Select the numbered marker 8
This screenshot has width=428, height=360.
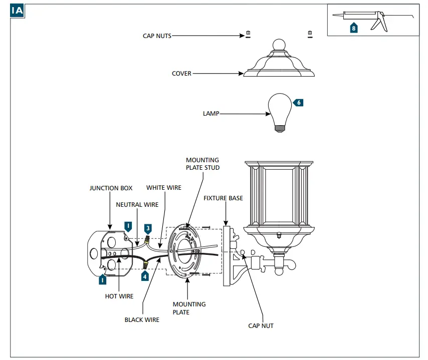[354, 28]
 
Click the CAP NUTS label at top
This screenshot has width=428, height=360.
[157, 36]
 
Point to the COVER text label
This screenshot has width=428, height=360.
[181, 74]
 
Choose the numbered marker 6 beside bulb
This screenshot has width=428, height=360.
[299, 103]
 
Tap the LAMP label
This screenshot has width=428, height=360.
[211, 114]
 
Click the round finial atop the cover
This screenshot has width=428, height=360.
[279, 45]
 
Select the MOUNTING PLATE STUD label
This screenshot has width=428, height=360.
[202, 164]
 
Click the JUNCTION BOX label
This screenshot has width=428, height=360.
[111, 188]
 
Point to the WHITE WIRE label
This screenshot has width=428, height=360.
[164, 188]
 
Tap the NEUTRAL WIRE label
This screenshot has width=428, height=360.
[137, 204]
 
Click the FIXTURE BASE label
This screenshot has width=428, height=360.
[223, 198]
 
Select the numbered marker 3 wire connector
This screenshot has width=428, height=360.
[148, 228]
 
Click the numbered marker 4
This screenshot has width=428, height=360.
[145, 275]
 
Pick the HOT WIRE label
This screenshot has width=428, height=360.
[119, 296]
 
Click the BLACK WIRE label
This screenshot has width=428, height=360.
[142, 319]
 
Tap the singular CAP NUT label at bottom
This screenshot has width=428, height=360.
[261, 325]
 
